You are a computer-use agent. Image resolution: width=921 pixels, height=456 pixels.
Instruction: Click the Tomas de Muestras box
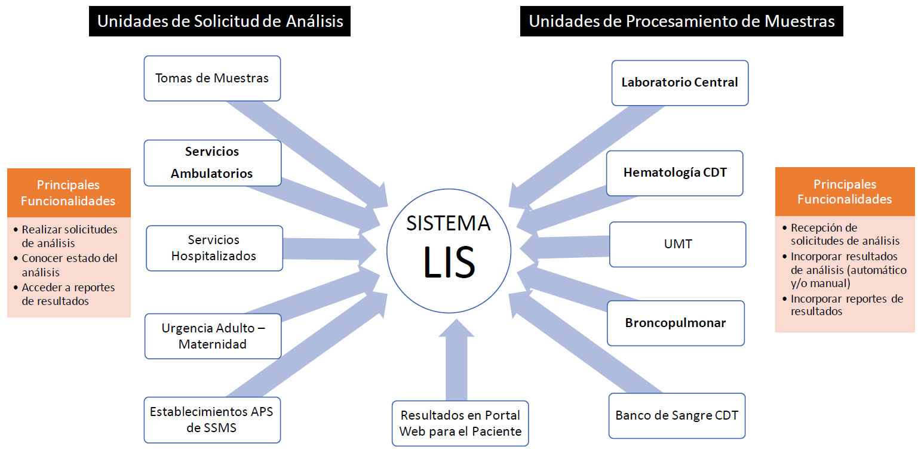coord(212,78)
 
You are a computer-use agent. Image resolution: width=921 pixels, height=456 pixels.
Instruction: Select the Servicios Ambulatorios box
coord(212,162)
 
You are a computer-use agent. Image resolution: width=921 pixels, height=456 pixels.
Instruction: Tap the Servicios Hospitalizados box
coord(214,248)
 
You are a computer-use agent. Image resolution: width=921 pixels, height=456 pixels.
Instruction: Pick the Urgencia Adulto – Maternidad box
coord(213,336)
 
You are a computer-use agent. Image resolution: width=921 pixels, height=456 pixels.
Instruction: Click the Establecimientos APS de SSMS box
coord(211,420)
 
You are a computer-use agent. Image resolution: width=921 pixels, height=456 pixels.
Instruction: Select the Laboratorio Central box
coord(680,82)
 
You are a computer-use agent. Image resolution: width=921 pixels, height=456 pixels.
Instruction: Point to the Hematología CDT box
coord(675,172)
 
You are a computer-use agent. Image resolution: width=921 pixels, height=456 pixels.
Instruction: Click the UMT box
coord(677,244)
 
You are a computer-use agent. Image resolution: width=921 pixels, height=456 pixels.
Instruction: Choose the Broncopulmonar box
coord(676,323)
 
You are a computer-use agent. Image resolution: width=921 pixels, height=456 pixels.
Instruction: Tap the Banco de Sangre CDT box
coord(677,415)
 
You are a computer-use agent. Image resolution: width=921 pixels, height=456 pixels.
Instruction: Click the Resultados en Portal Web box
coord(460,423)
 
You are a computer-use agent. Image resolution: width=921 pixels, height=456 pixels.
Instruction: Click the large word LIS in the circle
coord(449,262)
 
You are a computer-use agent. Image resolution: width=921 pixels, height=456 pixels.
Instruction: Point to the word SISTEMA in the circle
coord(449,223)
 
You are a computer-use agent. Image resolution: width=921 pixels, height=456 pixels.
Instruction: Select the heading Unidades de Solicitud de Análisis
coord(220,21)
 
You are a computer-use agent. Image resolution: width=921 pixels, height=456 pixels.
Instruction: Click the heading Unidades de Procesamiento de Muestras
coord(681,21)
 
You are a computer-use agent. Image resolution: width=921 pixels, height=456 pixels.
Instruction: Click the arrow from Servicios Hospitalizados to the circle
coord(329,248)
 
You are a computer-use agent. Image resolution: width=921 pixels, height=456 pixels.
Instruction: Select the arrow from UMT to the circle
coord(564,247)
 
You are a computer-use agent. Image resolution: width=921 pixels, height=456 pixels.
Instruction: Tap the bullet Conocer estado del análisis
coord(69,265)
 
